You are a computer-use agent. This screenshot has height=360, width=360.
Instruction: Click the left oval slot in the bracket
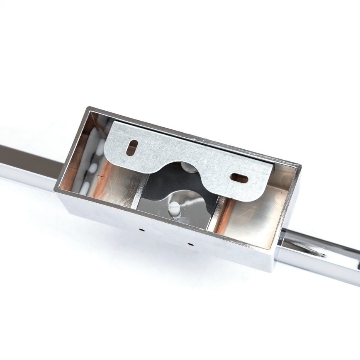[132, 148]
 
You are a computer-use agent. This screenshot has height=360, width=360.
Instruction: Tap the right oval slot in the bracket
[239, 178]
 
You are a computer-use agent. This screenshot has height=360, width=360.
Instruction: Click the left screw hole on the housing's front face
[141, 229]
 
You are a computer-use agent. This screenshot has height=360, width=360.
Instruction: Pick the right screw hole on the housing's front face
[190, 244]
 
